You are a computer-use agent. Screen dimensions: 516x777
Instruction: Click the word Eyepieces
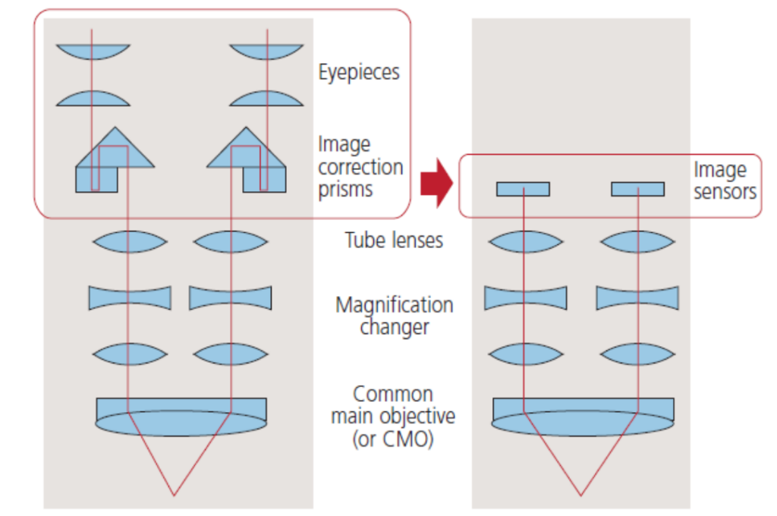point(359,72)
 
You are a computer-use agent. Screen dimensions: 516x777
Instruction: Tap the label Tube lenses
point(394,241)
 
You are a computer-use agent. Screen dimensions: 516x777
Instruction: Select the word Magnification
point(394,305)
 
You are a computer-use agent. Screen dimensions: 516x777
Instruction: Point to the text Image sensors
point(724,181)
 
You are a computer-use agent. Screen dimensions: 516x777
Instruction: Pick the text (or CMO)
point(394,439)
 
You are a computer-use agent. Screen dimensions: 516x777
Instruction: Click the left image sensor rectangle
point(523,189)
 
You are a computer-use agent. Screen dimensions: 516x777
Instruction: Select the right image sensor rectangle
point(637,189)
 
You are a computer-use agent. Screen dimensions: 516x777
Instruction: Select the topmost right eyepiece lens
point(266,52)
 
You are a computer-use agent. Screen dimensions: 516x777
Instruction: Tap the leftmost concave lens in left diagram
point(130,297)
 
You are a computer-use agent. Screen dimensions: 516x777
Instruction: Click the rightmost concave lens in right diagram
point(637,297)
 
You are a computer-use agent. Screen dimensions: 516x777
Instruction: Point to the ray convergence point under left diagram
point(175,495)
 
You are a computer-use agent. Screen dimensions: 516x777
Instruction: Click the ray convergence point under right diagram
point(581,495)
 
